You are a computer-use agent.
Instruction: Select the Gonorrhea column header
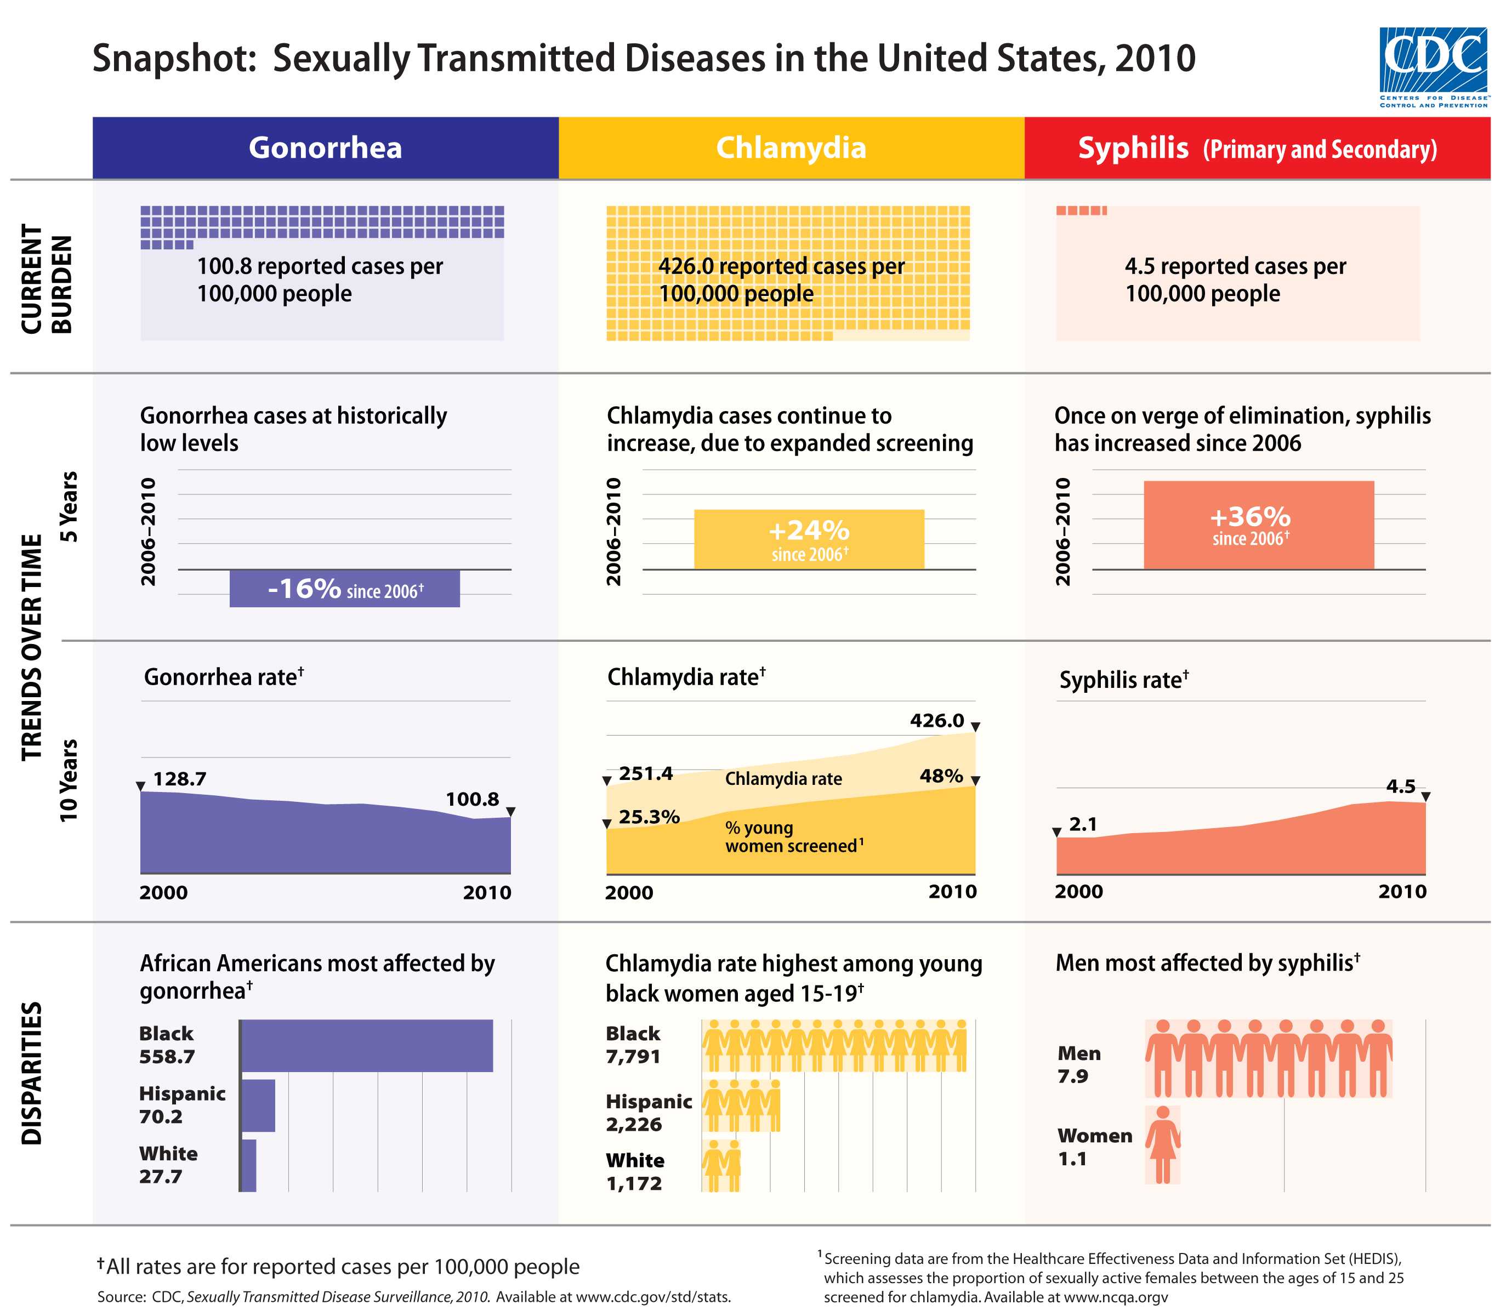pos(326,147)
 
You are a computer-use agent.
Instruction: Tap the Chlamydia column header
pos(791,147)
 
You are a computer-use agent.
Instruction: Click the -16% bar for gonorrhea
pos(344,588)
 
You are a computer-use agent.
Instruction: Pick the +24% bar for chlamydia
pos(809,539)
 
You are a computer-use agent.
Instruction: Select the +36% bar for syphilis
pos(1258,525)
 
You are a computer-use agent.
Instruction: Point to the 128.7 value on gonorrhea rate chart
pos(179,778)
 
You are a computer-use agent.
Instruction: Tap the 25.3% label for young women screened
pos(649,817)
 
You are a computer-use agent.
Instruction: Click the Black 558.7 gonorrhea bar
pos(367,1045)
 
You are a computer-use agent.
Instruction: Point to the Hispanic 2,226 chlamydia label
pos(648,1113)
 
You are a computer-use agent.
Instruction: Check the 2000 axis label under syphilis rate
pos(1078,892)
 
